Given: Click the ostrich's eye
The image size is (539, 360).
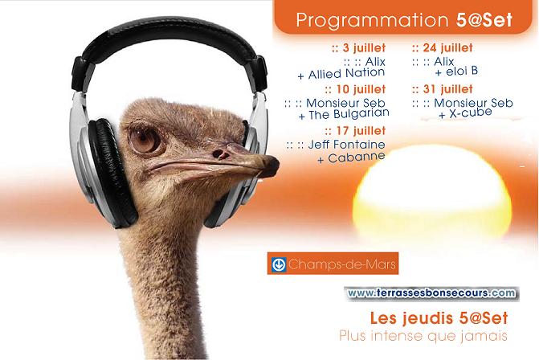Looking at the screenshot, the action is (145, 140).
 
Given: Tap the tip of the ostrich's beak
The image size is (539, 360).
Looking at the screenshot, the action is (277, 165).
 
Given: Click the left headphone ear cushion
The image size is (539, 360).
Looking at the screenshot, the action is (111, 172).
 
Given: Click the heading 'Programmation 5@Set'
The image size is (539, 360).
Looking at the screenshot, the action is (404, 20).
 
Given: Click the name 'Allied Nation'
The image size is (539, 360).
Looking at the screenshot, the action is (346, 74).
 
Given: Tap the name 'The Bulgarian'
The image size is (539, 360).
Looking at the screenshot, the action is (349, 114).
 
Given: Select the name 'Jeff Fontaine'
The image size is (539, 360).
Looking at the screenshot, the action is (346, 145).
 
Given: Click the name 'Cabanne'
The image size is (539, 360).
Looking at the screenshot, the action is (357, 157).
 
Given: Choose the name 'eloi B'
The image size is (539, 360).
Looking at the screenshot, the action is (462, 72).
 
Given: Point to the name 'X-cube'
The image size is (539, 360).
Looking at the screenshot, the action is (471, 112).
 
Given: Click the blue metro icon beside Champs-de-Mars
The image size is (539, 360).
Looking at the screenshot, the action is (279, 264).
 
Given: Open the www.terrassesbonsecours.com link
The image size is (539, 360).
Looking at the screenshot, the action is (431, 293).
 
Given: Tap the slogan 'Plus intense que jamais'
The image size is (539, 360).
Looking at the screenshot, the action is (423, 336).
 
